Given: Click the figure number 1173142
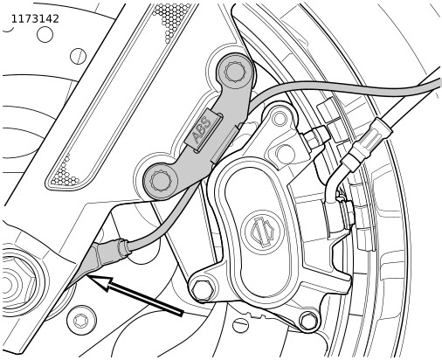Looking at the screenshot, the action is coord(35,19).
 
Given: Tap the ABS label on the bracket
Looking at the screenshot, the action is coord(202,130).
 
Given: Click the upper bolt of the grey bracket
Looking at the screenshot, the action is coord(235,72).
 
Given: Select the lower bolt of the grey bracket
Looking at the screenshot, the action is coord(160,182).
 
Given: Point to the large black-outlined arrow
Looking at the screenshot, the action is coord(136,295).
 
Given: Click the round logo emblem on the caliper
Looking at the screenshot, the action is coord(264,231).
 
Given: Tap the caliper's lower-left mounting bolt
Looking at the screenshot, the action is coord(203,290).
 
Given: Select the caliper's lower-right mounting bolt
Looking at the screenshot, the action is coord(308,321).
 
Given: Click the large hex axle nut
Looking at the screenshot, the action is coord(15,283).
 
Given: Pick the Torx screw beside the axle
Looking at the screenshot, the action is coord(81,321).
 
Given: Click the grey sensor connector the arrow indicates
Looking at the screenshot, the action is coord(109,253).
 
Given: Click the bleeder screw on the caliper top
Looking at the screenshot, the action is coord(314,136).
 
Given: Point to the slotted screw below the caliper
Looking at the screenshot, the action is coord(240,325).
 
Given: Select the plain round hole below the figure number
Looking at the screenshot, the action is coord(45,34).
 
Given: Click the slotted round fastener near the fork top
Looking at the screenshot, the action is coord(78,56).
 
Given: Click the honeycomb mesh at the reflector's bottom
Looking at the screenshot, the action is coord(65,175).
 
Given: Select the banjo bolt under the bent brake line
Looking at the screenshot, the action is coord(346,214).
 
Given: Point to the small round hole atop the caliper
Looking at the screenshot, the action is coord(280,118).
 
